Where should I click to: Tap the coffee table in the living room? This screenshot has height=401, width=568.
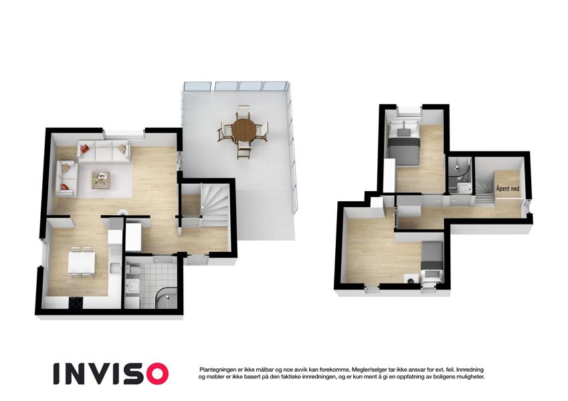click(101, 180)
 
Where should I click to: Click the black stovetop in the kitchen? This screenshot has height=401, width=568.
click(76, 303)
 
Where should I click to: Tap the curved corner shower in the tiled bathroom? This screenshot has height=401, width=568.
click(167, 297)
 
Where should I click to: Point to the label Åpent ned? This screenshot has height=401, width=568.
click(508, 188)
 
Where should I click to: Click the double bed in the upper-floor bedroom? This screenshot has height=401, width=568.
click(403, 144)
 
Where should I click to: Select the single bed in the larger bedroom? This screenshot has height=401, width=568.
click(432, 261)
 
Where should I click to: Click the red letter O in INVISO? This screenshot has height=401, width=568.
click(156, 374)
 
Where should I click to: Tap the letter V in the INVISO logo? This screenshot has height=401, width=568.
click(102, 374)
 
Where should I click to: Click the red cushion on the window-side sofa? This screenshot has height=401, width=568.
click(85, 148)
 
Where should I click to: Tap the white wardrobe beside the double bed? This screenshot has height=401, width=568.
click(389, 176)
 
